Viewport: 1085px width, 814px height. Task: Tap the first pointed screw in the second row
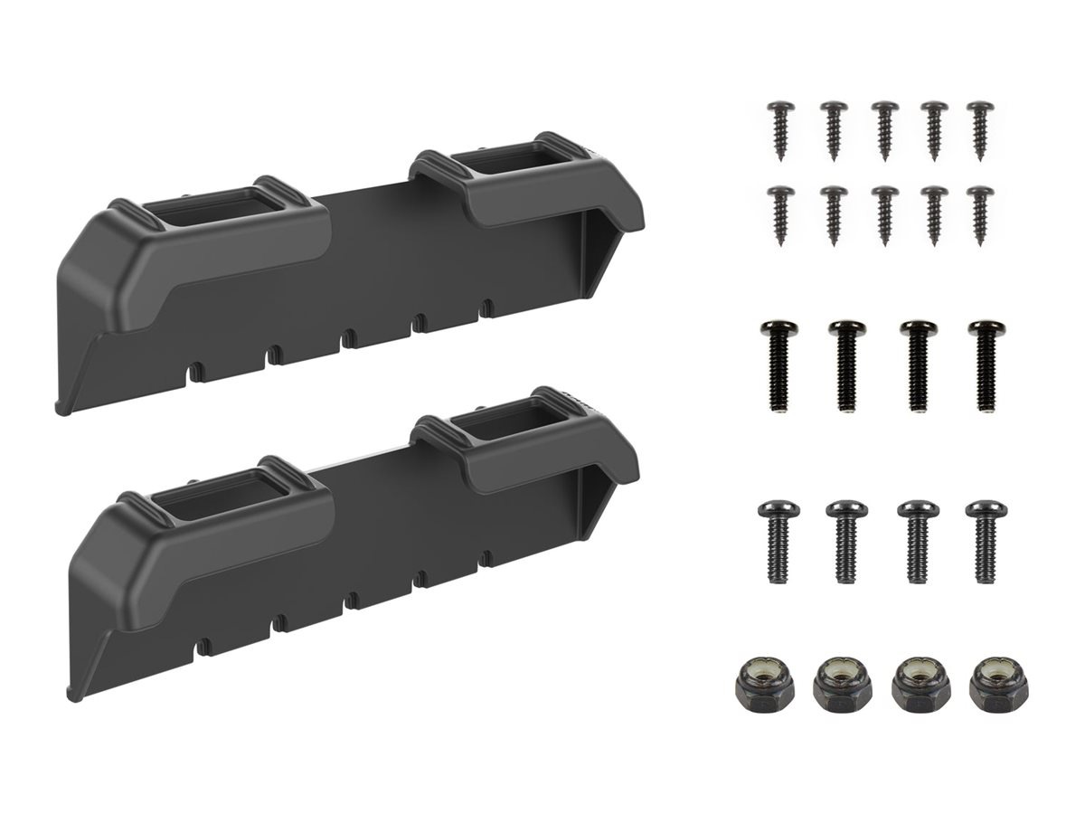click(x=780, y=213)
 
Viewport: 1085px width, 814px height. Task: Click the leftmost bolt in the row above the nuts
click(x=776, y=541)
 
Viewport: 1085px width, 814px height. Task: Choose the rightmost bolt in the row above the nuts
click(x=983, y=541)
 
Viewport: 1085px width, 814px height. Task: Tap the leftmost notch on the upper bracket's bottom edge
click(x=193, y=369)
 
